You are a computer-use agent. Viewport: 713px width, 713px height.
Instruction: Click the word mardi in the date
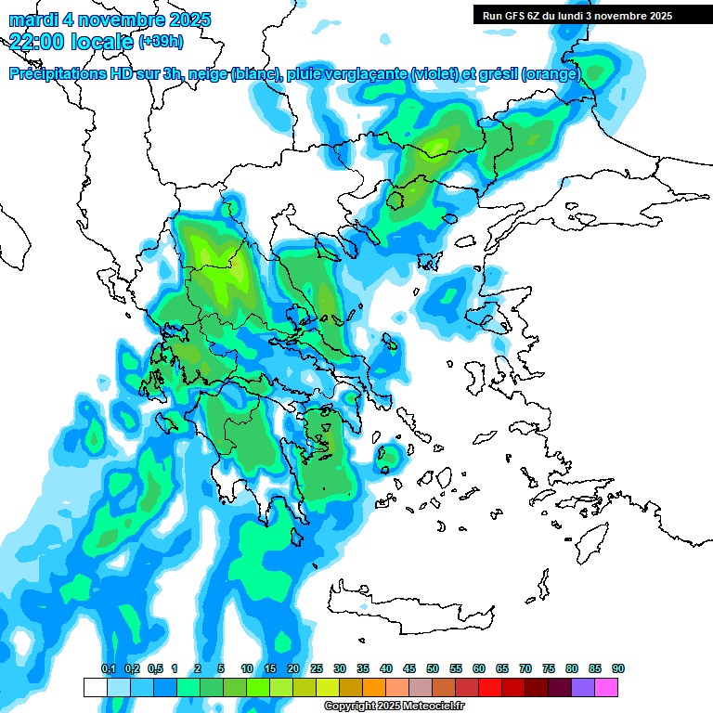tap(32, 19)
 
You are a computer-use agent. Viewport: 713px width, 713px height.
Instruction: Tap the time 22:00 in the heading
tap(38, 41)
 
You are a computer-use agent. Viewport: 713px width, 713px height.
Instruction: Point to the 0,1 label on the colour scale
tap(108, 668)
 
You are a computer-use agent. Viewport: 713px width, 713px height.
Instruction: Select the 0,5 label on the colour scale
tap(154, 668)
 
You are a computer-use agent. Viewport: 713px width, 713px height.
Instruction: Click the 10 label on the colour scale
tap(247, 668)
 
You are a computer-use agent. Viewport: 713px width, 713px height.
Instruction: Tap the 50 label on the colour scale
tap(433, 668)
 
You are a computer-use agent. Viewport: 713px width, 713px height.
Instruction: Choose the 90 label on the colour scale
tap(618, 668)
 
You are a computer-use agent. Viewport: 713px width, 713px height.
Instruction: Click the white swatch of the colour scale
tap(95, 687)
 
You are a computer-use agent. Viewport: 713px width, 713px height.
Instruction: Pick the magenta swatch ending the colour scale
tap(606, 687)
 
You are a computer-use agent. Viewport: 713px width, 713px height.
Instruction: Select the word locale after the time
tap(101, 41)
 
